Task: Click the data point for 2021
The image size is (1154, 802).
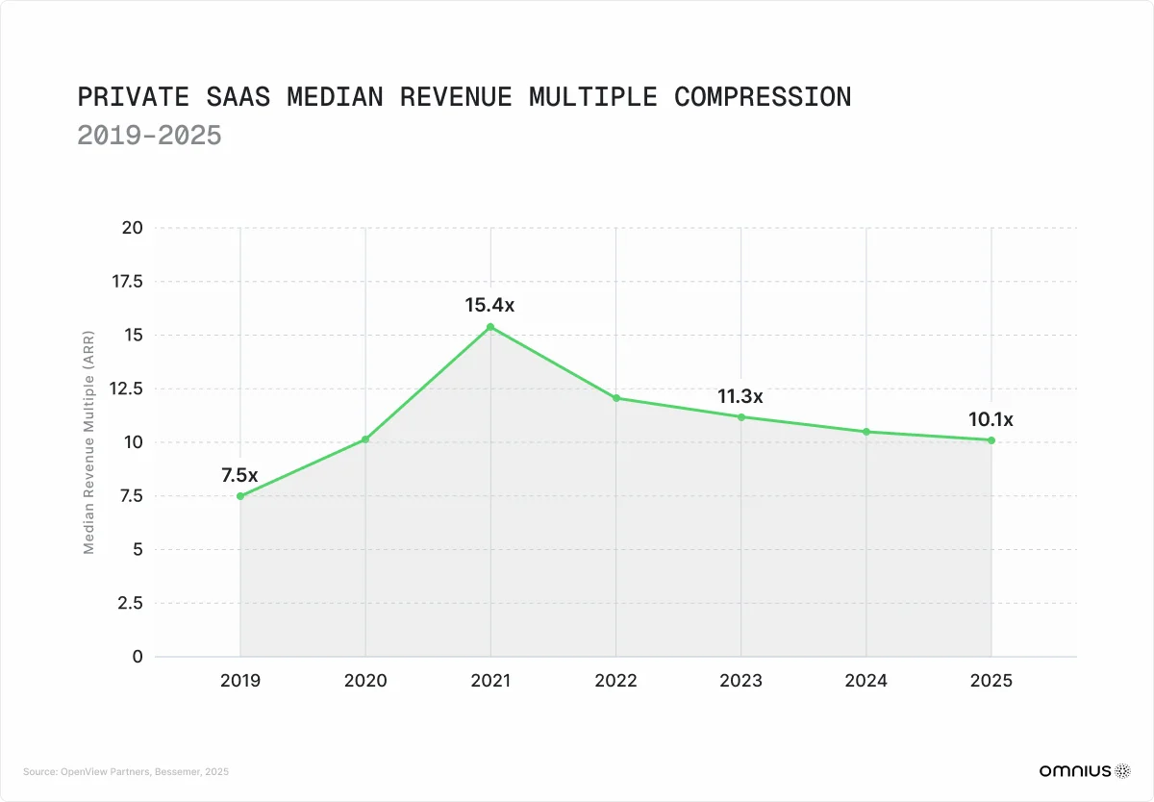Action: click(x=490, y=327)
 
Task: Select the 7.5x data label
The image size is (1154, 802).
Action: click(x=239, y=475)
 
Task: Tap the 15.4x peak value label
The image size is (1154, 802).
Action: click(x=490, y=306)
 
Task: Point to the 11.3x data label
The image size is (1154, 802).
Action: click(x=740, y=396)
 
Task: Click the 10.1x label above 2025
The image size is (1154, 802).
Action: click(x=991, y=419)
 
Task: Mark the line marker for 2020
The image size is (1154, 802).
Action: click(x=365, y=439)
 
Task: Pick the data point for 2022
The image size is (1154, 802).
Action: click(x=615, y=398)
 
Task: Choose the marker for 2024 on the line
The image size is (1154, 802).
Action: click(x=866, y=432)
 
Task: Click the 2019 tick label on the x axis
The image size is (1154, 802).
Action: click(x=239, y=681)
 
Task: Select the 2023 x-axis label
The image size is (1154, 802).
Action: click(x=740, y=681)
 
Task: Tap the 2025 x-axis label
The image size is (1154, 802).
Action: click(x=991, y=681)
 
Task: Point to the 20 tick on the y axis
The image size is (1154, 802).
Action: click(x=132, y=228)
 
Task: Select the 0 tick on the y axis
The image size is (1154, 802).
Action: click(x=137, y=657)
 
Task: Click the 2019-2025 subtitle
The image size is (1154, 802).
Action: click(x=149, y=136)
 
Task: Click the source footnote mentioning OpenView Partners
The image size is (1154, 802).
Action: click(x=126, y=771)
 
